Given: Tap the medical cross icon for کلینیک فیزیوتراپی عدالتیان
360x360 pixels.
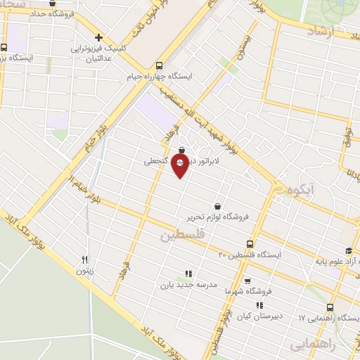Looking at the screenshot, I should (98, 37).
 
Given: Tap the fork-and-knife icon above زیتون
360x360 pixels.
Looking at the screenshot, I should (85, 259).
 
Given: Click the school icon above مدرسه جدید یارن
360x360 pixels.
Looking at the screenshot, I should (188, 274).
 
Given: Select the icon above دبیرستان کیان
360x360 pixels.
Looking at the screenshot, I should (259, 305).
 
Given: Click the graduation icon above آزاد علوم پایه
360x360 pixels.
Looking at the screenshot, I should (347, 251).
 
